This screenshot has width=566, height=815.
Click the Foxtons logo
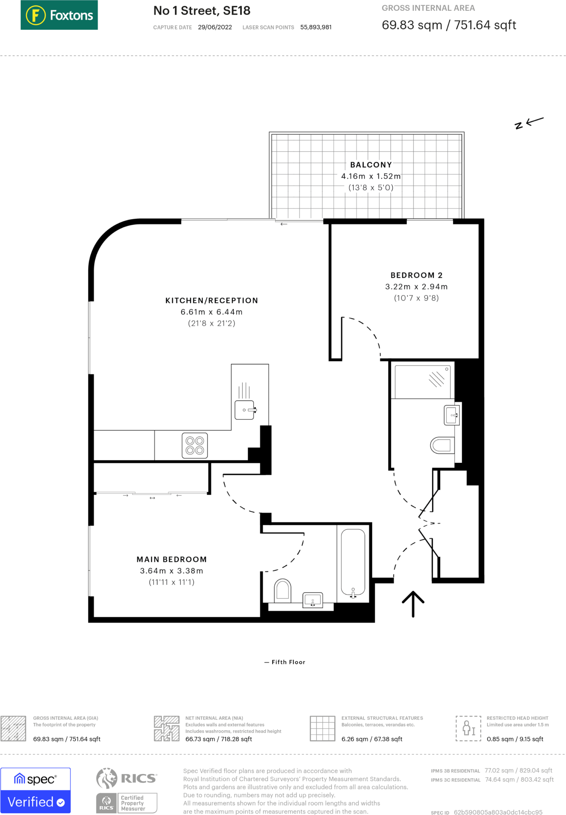59,15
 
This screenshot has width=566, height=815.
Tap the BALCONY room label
371,165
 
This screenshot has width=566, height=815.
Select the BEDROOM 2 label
416,275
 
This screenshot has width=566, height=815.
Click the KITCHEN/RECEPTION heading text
212,300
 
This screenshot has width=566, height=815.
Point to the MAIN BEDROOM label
172,559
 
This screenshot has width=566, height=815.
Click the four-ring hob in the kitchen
195,445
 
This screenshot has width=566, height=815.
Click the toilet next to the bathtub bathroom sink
282,590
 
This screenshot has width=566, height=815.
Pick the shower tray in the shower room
423,381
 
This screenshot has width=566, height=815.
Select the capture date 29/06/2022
215,27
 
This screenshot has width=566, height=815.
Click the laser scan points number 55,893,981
316,27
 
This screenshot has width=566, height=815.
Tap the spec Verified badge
35,790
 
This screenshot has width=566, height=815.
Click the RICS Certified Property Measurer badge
127,790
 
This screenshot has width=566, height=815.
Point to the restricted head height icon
468,728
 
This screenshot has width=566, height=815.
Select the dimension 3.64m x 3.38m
172,571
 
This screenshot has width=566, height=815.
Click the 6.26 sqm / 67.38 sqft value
372,739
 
